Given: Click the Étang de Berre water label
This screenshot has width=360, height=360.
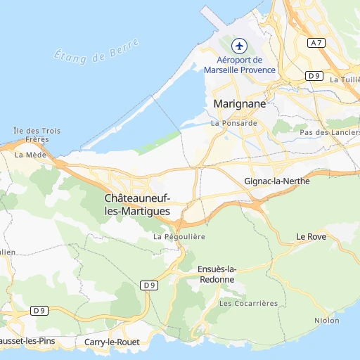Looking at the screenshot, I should point(97,50).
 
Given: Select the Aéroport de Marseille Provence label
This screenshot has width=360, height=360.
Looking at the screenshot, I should point(240,65).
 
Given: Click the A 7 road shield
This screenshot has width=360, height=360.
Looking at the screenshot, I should point(317,43).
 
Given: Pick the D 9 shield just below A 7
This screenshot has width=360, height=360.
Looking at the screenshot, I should point(314,75).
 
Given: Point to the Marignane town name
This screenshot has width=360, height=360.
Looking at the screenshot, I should point(239,103).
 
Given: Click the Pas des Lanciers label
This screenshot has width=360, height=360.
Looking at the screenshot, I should point(329,132).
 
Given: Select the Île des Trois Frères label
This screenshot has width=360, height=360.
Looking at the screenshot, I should point(37,134).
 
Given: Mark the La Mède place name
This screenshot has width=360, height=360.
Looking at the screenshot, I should point(29,154).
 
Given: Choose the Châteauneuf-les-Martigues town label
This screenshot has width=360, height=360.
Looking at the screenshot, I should point(137,205).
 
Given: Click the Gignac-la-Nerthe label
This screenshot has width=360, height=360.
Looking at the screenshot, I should point(276,181).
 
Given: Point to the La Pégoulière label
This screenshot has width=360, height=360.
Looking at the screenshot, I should point(179,237).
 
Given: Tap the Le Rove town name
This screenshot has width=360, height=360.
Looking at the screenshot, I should point(311,236).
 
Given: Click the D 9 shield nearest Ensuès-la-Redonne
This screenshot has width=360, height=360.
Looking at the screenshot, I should point(148,285).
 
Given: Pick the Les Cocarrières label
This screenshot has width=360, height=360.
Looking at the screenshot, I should point(248,303).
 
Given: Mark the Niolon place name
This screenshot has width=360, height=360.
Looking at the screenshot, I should point(327,321).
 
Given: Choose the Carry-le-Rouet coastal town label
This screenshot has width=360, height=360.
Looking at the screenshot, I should point(112,342).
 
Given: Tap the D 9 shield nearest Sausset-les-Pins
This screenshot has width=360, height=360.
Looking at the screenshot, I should point(39,310).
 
